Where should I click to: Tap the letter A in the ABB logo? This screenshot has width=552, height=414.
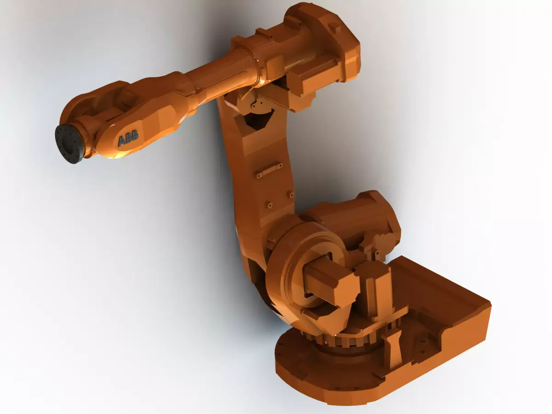(x=122, y=140)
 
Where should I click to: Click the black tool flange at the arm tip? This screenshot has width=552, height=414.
(x=70, y=142)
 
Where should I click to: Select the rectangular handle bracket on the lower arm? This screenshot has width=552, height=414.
(x=269, y=170)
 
